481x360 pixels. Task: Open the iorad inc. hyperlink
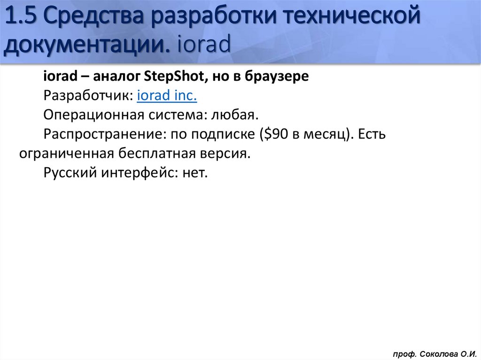(x=167, y=96)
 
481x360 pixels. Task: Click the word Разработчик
(x=88, y=96)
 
